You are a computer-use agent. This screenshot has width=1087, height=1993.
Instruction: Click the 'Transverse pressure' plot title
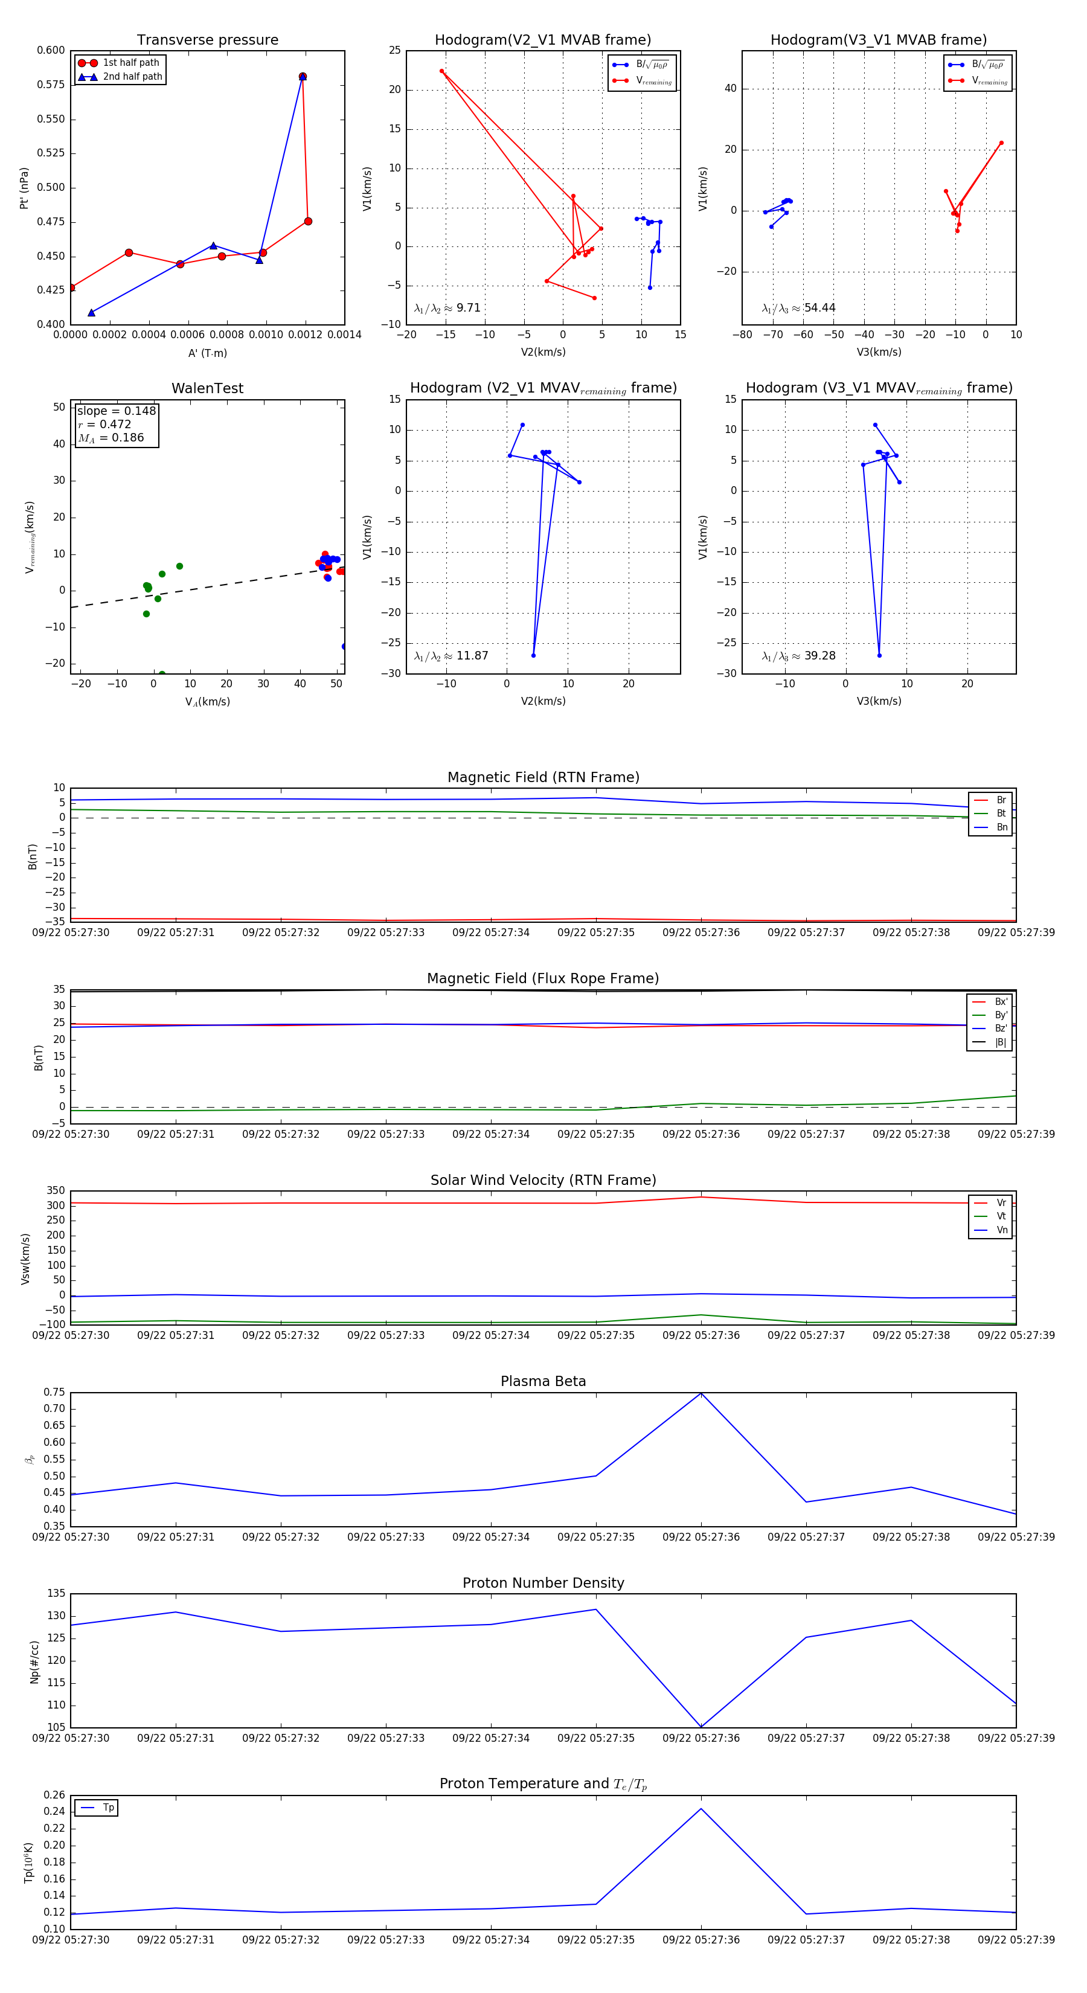click(x=207, y=40)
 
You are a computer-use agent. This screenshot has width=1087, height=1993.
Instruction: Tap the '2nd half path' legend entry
click(x=132, y=77)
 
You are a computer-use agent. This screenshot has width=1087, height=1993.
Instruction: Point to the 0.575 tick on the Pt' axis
click(x=51, y=85)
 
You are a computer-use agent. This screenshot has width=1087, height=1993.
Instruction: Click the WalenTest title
click(x=207, y=388)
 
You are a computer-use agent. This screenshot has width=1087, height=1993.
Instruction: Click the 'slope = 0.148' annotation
click(x=116, y=411)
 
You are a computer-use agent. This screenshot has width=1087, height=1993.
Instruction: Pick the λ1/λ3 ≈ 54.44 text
click(x=798, y=308)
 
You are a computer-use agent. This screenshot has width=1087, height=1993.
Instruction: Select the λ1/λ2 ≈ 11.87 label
click(x=451, y=656)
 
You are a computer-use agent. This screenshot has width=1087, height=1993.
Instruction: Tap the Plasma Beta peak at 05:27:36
click(x=701, y=1393)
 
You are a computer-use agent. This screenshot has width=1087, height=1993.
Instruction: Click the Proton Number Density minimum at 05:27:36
click(x=701, y=1726)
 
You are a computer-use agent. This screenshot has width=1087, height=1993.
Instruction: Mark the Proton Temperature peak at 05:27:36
click(x=701, y=1808)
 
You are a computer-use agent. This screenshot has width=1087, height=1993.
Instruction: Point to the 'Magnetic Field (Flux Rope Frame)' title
click(x=543, y=979)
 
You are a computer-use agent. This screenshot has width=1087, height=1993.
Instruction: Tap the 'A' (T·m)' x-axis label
click(x=207, y=353)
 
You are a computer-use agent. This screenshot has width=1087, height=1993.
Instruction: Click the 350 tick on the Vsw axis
click(x=56, y=1191)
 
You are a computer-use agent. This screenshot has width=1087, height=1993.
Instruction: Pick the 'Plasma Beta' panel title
click(x=543, y=1382)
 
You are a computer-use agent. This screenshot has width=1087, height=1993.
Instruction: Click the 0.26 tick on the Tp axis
click(x=54, y=1795)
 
